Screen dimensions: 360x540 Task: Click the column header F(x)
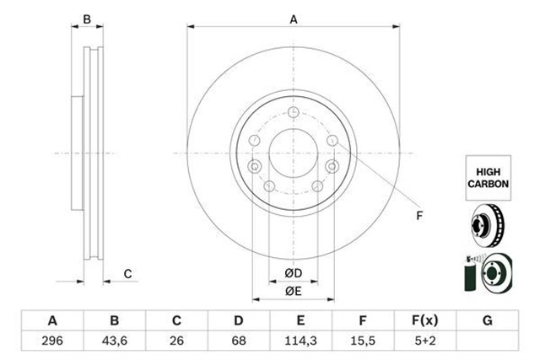click(425, 320)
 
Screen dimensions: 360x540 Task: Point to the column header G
click(488, 320)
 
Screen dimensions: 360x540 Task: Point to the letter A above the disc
click(294, 19)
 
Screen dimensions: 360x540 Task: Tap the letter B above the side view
click(86, 19)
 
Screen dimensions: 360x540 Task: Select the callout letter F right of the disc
click(418, 217)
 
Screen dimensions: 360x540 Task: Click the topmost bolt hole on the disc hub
click(293, 115)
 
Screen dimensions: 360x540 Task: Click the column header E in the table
click(300, 320)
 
